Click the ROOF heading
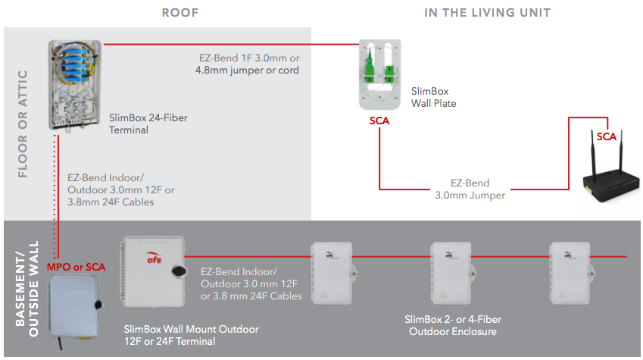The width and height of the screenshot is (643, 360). tap(181, 12)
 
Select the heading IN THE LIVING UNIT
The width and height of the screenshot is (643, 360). tap(487, 12)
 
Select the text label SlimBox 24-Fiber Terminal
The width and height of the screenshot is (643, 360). tap(148, 124)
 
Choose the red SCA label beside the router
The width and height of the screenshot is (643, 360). tap(606, 136)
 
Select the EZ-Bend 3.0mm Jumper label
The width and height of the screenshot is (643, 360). tap(470, 189)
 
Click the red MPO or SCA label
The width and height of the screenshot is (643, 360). tap(76, 267)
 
